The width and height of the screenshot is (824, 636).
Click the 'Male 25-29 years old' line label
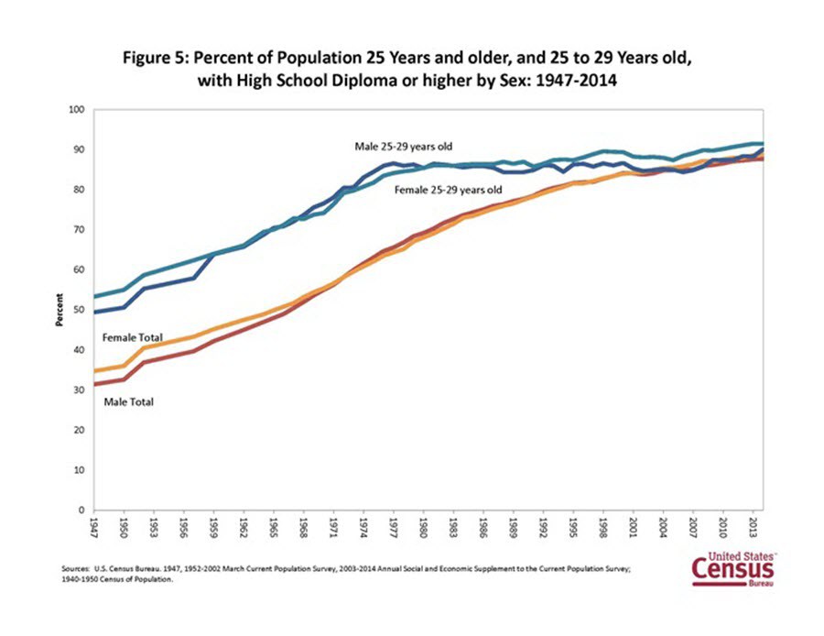point(404,146)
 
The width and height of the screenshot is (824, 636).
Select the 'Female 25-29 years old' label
point(448,191)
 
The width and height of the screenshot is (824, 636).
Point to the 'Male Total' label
point(129,401)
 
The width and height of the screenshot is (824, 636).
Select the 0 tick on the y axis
point(81,510)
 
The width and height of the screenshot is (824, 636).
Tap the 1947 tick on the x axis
point(95,529)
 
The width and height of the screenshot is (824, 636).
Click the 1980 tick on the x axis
point(424,529)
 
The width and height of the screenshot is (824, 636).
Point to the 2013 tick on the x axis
point(753,529)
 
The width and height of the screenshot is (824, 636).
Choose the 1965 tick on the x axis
point(275,529)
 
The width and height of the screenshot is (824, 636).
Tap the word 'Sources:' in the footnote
point(72,569)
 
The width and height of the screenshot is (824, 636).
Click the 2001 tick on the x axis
point(634,529)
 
